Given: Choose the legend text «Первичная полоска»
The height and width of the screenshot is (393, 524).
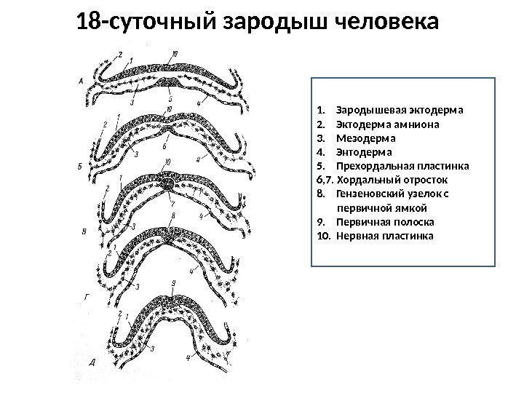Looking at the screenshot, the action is point(386,223).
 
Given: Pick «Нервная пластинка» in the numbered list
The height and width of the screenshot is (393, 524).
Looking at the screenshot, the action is point(386,237).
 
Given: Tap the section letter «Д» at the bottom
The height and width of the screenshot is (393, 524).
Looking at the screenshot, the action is point(91,361).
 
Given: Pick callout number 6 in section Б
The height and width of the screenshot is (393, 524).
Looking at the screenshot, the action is point(167,136).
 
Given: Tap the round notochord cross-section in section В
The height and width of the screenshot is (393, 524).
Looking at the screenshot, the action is point(169,185).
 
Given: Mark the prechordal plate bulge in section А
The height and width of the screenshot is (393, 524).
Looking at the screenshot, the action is point(169,82).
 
